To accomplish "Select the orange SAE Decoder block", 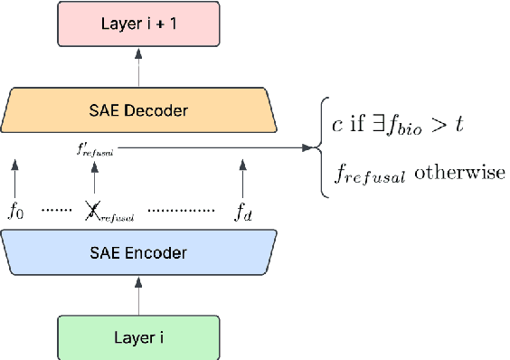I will tap(138, 111).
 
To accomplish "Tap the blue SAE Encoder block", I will tap(138, 252).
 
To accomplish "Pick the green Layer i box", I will tap(138, 337).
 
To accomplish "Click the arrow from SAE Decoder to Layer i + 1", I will tap(138, 68).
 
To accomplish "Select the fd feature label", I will tap(244, 213).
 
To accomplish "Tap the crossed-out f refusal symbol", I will tap(93, 212).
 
